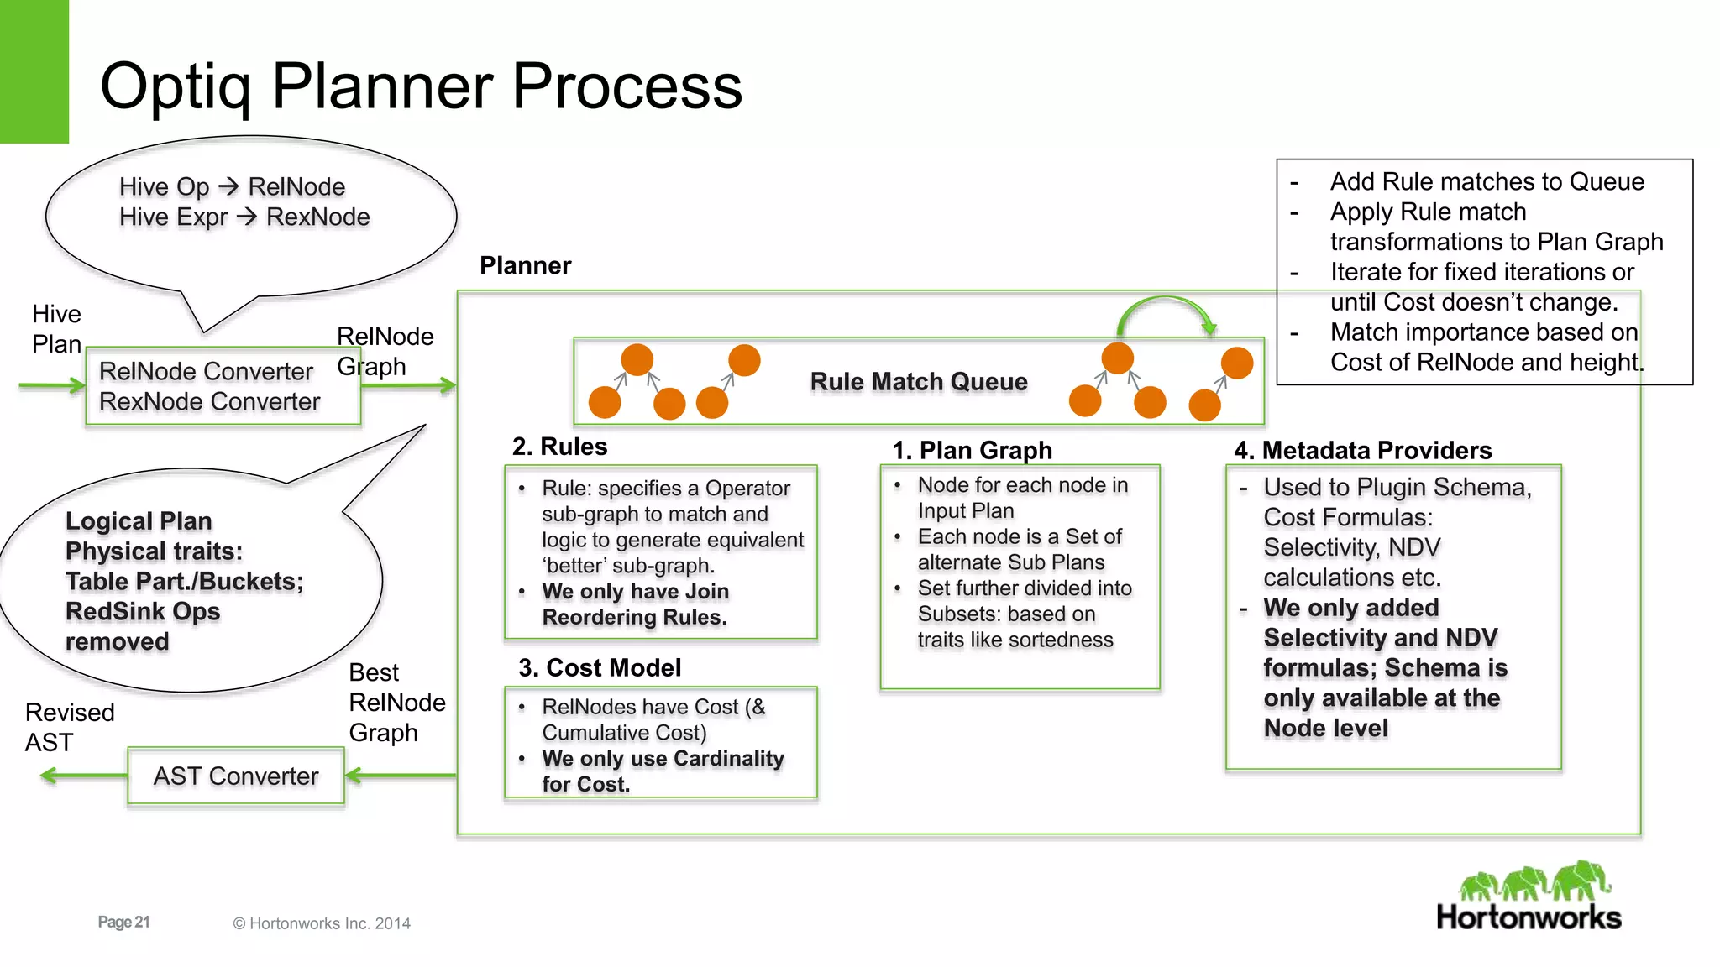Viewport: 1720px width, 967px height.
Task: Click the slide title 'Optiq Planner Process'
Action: [421, 86]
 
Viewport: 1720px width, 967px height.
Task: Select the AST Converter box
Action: [236, 776]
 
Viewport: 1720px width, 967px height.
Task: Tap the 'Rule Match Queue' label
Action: [918, 382]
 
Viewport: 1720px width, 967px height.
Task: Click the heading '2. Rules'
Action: [559, 447]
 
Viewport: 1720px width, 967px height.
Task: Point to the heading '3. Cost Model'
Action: [599, 668]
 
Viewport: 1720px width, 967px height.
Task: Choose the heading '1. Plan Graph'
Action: [972, 451]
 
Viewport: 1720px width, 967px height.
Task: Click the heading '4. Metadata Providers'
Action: [1362, 451]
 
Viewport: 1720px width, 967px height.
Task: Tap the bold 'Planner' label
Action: [525, 266]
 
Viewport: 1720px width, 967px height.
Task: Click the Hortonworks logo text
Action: [1529, 917]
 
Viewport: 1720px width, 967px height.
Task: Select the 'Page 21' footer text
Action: [123, 923]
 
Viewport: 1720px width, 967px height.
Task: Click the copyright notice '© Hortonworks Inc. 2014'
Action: [322, 923]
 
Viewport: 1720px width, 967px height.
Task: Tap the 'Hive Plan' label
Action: [56, 329]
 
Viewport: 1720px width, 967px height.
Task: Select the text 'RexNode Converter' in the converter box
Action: [209, 402]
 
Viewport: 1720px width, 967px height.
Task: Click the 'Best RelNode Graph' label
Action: [396, 703]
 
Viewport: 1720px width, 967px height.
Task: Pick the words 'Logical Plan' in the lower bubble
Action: [139, 521]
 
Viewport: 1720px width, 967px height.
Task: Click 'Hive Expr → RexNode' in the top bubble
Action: [244, 217]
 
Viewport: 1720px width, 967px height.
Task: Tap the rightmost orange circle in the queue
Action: [1236, 363]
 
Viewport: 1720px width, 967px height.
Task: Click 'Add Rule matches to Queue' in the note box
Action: [1487, 182]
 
